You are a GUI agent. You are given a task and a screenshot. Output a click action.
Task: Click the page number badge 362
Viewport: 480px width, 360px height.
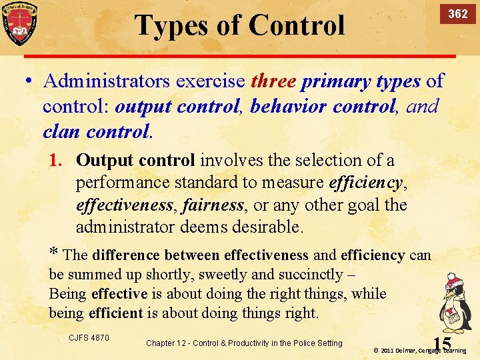pyautogui.click(x=457, y=14)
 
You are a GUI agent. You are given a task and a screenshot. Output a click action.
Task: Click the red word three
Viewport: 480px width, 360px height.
pyautogui.click(x=273, y=81)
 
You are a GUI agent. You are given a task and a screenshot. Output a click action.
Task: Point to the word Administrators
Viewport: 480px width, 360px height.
pyautogui.click(x=107, y=81)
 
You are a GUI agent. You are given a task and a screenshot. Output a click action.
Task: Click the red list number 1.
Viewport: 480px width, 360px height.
pyautogui.click(x=55, y=161)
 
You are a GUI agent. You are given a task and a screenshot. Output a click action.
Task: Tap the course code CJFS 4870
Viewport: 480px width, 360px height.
pyautogui.click(x=89, y=338)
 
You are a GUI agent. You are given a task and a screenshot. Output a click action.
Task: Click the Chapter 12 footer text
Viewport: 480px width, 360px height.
pyautogui.click(x=243, y=343)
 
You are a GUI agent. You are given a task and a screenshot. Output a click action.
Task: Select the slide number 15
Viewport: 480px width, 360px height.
pyautogui.click(x=441, y=343)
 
